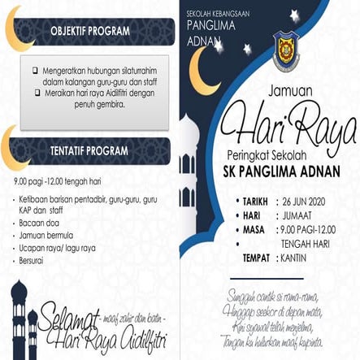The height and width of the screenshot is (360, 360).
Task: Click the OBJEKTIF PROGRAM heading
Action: point(89,31)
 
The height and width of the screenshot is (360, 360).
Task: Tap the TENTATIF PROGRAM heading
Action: point(89,150)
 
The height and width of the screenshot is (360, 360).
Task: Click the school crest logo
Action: point(286,50)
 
